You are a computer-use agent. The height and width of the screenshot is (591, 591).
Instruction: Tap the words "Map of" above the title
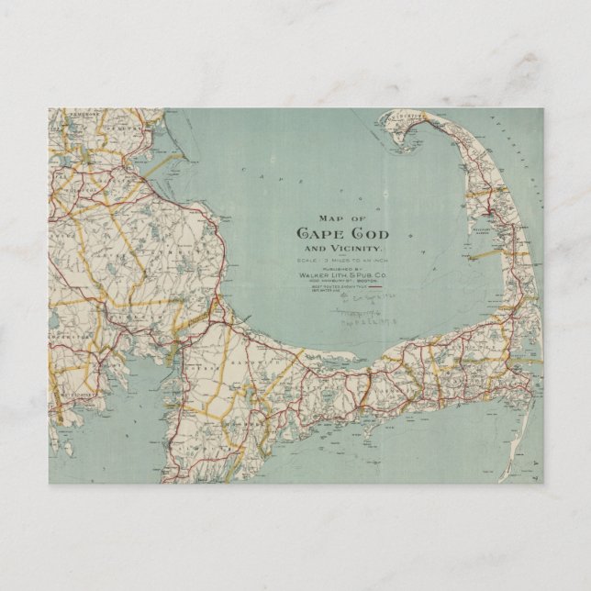point(336,217)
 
